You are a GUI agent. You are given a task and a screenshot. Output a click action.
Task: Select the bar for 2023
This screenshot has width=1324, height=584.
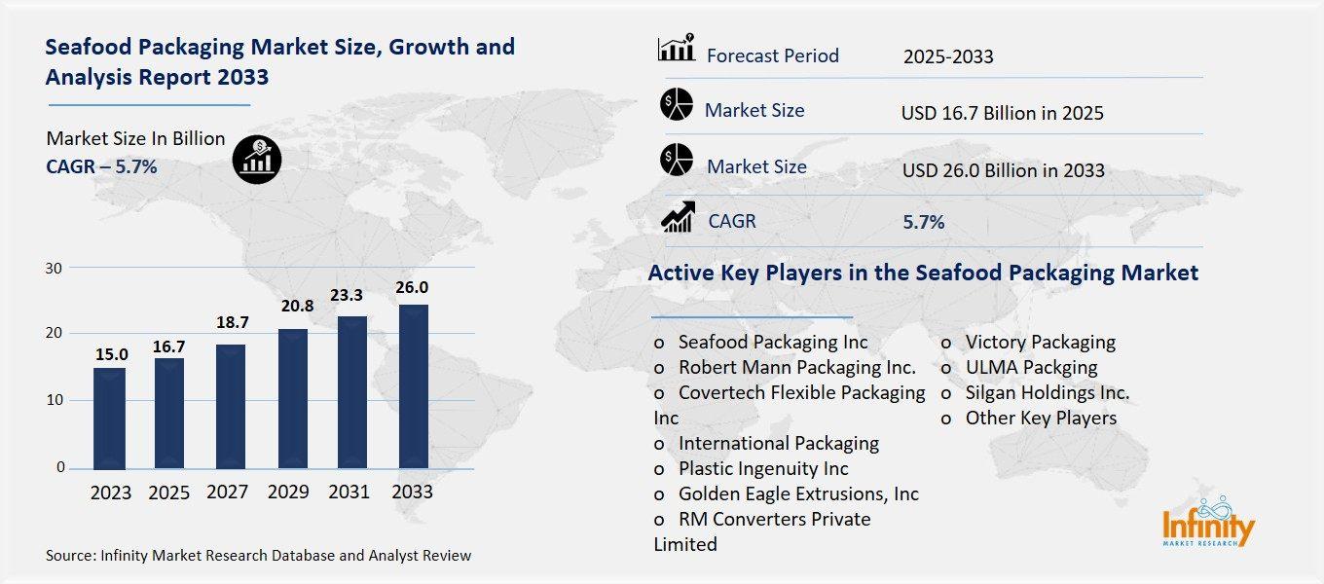pyautogui.click(x=110, y=418)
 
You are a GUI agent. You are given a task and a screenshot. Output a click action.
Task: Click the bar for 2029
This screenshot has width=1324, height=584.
pyautogui.click(x=292, y=398)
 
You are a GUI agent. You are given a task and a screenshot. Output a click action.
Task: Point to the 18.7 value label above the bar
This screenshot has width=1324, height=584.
pyautogui.click(x=230, y=322)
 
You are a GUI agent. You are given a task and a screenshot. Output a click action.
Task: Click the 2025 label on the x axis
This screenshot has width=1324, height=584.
pyautogui.click(x=169, y=493)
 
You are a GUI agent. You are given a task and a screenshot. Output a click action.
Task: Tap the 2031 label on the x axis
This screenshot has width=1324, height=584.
pyautogui.click(x=349, y=493)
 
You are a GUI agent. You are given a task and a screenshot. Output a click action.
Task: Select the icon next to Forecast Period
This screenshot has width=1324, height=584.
pyautogui.click(x=677, y=49)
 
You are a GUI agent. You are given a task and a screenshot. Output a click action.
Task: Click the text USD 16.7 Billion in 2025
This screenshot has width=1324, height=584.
pyautogui.click(x=1002, y=114)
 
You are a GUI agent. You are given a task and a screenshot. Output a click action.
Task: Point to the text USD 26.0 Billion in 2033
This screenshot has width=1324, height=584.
pyautogui.click(x=1003, y=171)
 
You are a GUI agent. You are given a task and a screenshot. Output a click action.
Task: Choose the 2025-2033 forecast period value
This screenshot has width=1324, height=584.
pyautogui.click(x=947, y=56)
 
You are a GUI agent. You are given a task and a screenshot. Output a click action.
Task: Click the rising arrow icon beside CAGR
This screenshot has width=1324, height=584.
pyautogui.click(x=677, y=218)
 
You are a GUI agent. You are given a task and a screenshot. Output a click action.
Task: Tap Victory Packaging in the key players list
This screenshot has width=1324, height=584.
pyautogui.click(x=1040, y=342)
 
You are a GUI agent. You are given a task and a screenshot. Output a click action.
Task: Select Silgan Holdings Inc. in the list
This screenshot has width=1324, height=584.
pyautogui.click(x=1047, y=392)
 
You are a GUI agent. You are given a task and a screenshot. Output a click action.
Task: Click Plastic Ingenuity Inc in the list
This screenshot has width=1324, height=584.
pyautogui.click(x=763, y=468)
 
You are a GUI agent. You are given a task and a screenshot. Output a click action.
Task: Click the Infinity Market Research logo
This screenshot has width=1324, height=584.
pyautogui.click(x=1208, y=522)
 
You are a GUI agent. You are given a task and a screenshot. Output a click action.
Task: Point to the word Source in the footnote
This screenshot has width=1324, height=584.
pyautogui.click(x=68, y=556)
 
